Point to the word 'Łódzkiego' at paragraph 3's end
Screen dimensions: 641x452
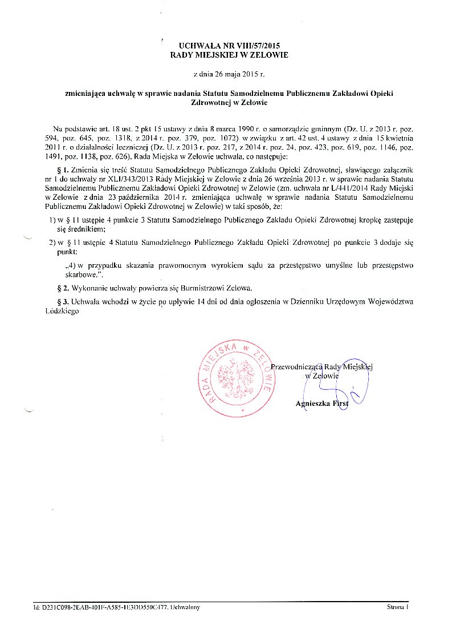point(61,312)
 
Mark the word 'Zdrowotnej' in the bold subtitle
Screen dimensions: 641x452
point(215,103)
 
